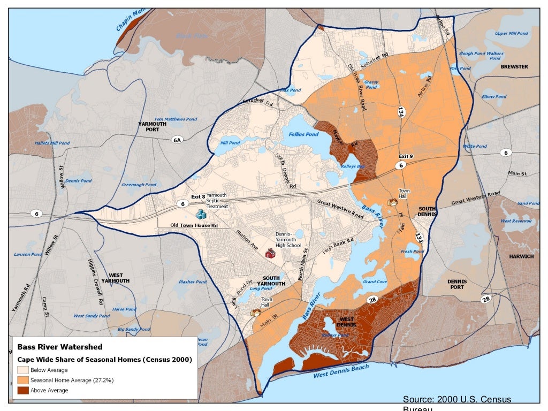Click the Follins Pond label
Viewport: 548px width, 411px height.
coord(303,135)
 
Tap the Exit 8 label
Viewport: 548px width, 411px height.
coord(198,196)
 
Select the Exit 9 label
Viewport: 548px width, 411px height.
coord(406,156)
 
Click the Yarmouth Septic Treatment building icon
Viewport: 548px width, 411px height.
coord(201,215)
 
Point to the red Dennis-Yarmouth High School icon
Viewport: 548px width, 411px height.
coord(270,253)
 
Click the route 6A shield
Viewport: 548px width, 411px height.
coord(177,140)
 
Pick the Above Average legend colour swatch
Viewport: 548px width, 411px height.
coord(22,391)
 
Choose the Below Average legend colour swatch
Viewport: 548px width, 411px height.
coord(22,370)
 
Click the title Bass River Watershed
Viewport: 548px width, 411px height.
coord(59,347)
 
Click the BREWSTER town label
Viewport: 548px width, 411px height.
coord(514,67)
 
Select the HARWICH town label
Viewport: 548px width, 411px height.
coord(521,256)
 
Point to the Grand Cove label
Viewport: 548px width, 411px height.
coord(375,281)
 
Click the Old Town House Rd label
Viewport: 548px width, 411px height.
coord(194,225)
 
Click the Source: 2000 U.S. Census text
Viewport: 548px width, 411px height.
coord(456,400)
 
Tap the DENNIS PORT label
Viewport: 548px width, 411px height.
coord(457,284)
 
